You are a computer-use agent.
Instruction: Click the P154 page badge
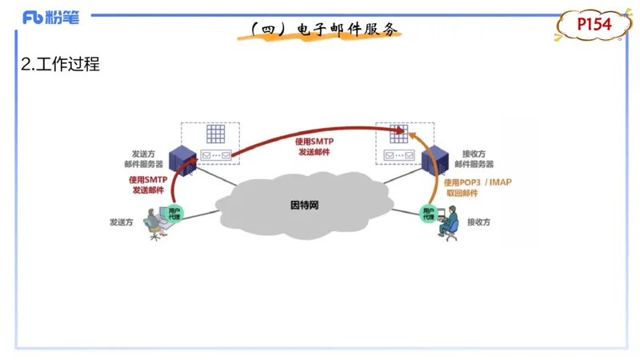click(x=594, y=25)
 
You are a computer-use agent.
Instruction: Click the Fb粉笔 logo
click(x=51, y=18)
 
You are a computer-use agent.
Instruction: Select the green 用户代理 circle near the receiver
click(x=428, y=214)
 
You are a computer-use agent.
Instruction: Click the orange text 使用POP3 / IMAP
click(x=478, y=182)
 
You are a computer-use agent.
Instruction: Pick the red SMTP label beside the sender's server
click(x=148, y=185)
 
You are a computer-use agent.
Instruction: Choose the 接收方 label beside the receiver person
click(x=478, y=222)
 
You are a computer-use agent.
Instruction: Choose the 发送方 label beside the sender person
click(x=122, y=222)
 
